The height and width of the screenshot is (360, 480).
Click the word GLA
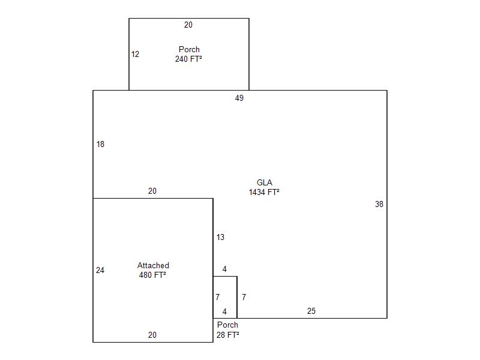[x=265, y=182]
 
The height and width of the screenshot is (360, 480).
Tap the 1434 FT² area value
[x=264, y=192]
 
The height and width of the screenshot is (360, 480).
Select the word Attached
[x=153, y=265]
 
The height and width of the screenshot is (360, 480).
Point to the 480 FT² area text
[x=152, y=275]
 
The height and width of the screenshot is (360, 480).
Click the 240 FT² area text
[x=188, y=59]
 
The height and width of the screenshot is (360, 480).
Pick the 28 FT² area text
[x=228, y=335]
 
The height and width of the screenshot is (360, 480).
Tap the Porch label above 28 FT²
[x=227, y=325]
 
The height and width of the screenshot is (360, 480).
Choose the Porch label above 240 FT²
[x=189, y=49]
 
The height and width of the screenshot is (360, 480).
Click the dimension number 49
[x=239, y=98]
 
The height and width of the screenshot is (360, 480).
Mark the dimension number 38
[x=379, y=204]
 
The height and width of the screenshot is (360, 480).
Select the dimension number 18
[x=100, y=144]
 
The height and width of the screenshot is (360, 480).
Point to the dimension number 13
[x=220, y=237]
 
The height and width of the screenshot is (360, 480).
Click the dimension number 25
[x=311, y=311]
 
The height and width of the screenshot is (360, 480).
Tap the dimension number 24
[x=100, y=271]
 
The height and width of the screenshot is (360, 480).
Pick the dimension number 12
[x=135, y=54]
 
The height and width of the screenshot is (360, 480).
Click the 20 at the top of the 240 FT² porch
[x=188, y=25]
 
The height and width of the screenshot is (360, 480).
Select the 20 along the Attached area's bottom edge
[x=152, y=335]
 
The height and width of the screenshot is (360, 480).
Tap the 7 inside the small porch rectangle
[x=217, y=297]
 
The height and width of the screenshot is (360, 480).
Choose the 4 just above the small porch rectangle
[x=224, y=269]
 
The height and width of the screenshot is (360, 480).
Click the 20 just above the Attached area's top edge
[x=152, y=191]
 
